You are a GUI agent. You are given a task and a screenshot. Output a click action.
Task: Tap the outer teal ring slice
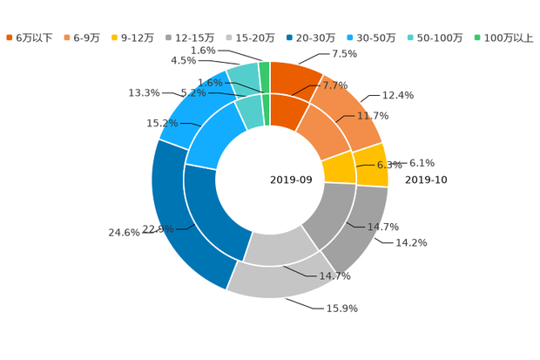click(x=241, y=77)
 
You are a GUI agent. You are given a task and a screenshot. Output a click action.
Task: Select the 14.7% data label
click(x=335, y=276)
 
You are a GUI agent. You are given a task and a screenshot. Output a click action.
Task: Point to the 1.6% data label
click(x=212, y=83)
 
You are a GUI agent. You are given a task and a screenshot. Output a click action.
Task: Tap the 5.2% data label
click(x=192, y=92)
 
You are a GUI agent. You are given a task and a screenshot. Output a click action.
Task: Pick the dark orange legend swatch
click(x=10, y=37)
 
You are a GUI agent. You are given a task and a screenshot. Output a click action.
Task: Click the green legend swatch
click(x=476, y=37)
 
